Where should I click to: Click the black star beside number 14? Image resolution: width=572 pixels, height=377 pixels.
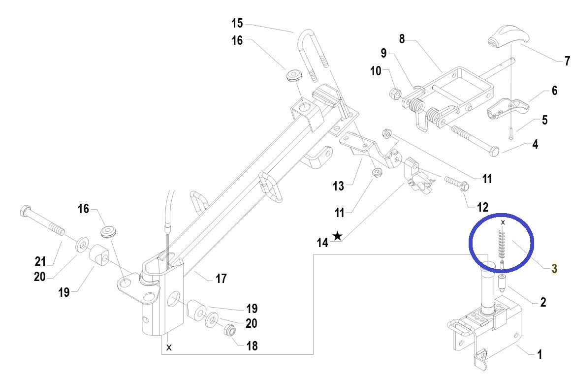(x=337, y=236)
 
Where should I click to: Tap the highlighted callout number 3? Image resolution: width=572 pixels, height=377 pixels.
(x=554, y=269)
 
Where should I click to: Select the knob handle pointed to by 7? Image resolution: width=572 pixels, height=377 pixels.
(x=502, y=40)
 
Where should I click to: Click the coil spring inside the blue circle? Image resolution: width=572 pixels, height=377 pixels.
(x=502, y=244)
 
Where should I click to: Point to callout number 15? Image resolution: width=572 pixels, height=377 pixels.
(x=237, y=23)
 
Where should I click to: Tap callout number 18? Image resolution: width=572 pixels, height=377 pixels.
(x=252, y=346)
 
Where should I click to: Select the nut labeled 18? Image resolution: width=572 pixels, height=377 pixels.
(x=228, y=330)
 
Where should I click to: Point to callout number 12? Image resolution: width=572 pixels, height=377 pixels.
(x=482, y=207)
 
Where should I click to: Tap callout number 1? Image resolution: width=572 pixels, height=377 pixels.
(x=540, y=354)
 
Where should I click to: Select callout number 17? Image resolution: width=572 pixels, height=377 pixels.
(x=221, y=279)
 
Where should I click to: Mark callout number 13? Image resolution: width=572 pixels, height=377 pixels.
(x=338, y=186)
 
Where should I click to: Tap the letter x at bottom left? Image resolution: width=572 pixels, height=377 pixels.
(x=169, y=347)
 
